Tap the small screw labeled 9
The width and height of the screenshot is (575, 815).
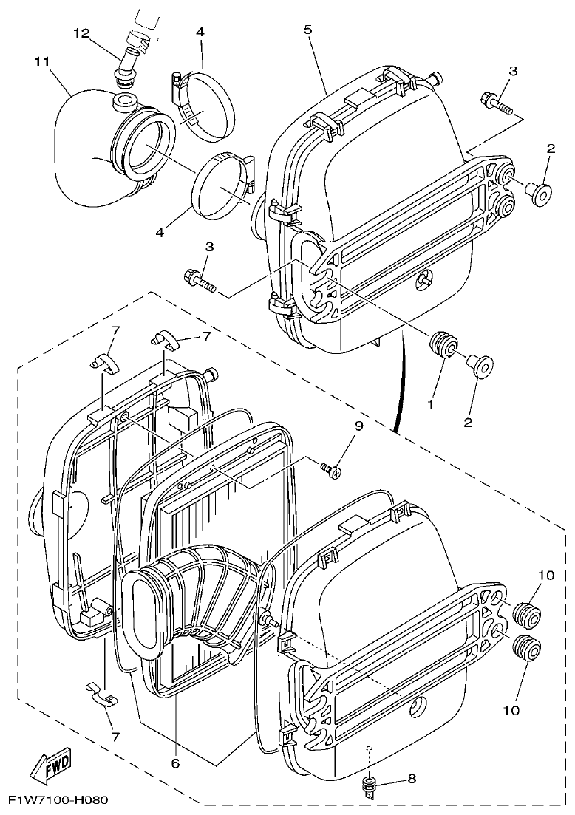[x=330, y=468]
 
